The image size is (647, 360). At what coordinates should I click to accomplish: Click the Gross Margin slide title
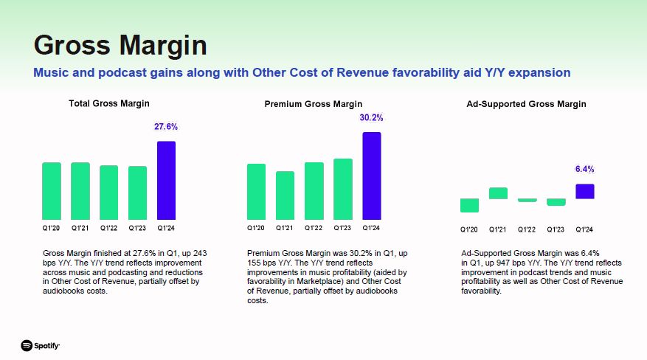point(120,45)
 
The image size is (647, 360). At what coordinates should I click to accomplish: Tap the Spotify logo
point(41,345)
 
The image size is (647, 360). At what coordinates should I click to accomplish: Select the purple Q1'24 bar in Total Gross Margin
point(166,181)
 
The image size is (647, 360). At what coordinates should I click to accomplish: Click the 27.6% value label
point(166,127)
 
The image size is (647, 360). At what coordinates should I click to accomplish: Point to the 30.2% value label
point(371,117)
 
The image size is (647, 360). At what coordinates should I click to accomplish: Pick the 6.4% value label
point(584,169)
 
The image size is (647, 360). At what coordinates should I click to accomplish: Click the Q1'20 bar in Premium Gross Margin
point(256,192)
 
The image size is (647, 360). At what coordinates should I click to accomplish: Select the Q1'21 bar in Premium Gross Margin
point(285,195)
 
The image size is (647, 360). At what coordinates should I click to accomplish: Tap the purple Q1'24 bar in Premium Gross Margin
point(371,176)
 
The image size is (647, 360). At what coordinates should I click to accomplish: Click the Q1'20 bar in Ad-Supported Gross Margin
point(469,205)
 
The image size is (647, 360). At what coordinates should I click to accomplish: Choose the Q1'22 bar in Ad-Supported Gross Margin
point(527,200)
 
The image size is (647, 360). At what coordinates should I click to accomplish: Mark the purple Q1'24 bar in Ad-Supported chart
point(584,191)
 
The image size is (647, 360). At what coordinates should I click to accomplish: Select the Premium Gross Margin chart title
point(314,104)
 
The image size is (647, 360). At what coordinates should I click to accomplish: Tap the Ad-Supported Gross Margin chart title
point(527,104)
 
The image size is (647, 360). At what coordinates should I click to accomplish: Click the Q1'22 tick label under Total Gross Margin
point(109,228)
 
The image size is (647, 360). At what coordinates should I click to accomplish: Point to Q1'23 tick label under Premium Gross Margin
point(342,228)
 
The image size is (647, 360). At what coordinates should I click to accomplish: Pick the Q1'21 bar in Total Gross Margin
point(80,191)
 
